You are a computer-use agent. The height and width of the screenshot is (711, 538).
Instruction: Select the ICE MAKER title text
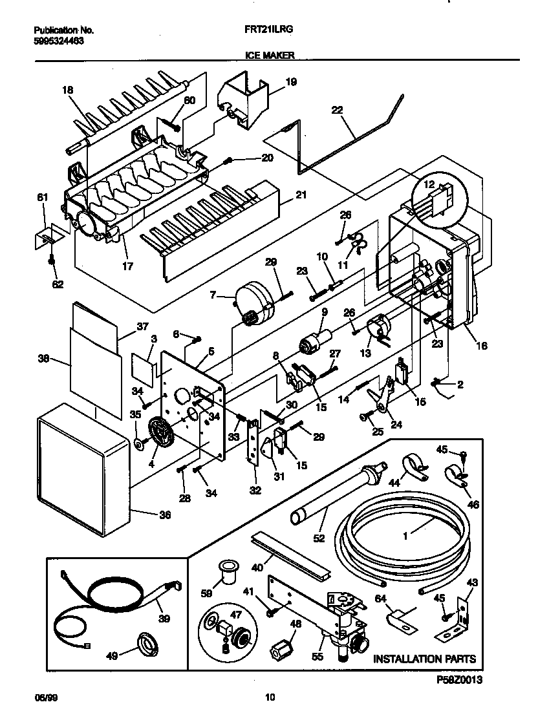click(x=270, y=56)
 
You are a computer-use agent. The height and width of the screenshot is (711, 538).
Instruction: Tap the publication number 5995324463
click(x=58, y=40)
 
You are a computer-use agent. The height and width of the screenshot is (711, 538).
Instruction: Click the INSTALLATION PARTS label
click(x=424, y=659)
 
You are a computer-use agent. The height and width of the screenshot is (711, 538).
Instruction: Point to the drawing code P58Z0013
click(x=460, y=679)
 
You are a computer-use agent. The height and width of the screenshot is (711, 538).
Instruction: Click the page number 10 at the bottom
click(x=270, y=697)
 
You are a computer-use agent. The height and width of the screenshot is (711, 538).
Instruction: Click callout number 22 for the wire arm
click(x=337, y=110)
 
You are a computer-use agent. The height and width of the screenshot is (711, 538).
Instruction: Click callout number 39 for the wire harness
click(x=164, y=619)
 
